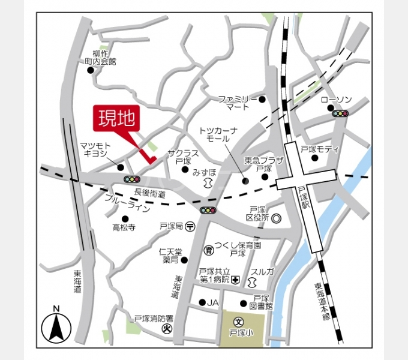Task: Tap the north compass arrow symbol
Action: [56, 327]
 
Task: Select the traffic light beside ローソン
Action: [341, 113]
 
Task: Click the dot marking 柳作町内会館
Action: [91, 70]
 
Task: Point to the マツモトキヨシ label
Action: [94, 149]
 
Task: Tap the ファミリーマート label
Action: [238, 103]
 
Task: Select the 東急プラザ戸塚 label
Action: [259, 164]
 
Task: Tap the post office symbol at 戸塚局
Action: [190, 226]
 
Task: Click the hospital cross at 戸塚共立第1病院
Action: [236, 280]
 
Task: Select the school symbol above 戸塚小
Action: [238, 322]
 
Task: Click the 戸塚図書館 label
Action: [262, 302]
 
